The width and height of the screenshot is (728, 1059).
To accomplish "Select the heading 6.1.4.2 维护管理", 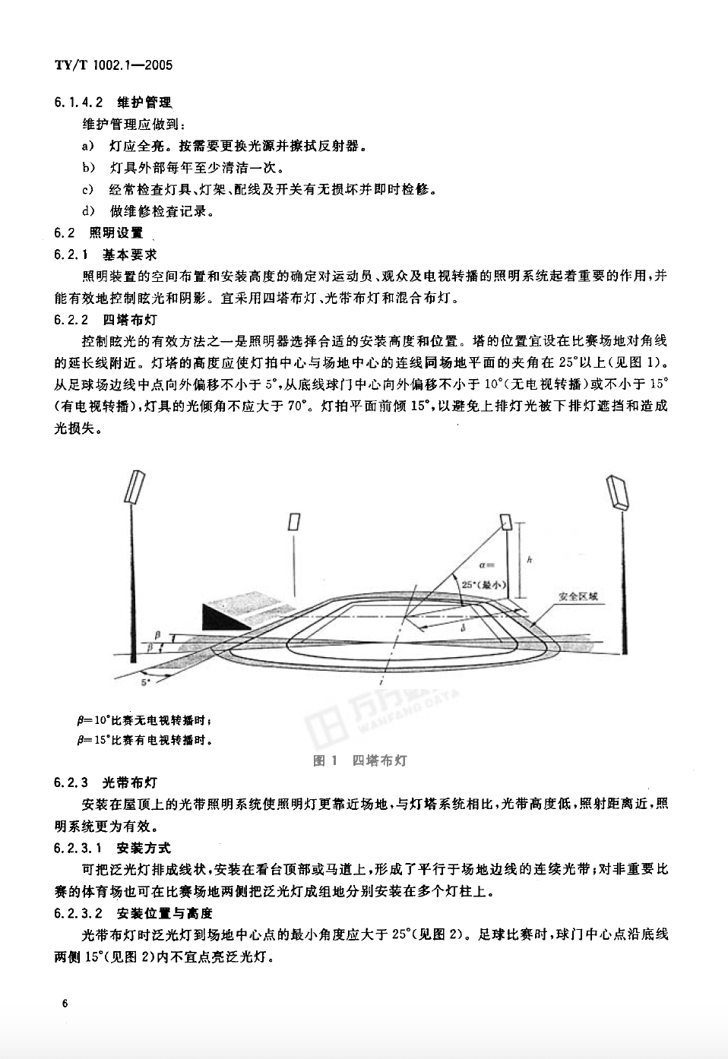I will coord(113,102).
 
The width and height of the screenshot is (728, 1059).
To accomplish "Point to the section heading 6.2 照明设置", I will coord(98,233).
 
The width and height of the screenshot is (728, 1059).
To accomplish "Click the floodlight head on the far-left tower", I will coord(137,487).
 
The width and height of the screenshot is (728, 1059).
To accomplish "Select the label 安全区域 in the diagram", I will coord(578,596).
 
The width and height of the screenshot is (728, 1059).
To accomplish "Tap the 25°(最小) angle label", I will coord(481,583).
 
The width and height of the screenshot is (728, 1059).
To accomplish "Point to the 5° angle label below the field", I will coord(145,682).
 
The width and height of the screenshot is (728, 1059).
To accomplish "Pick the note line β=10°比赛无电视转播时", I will coord(144,719).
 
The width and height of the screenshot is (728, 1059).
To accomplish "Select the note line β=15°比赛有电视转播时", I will coord(144,739).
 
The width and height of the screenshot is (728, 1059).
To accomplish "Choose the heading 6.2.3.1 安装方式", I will coord(112,847).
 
